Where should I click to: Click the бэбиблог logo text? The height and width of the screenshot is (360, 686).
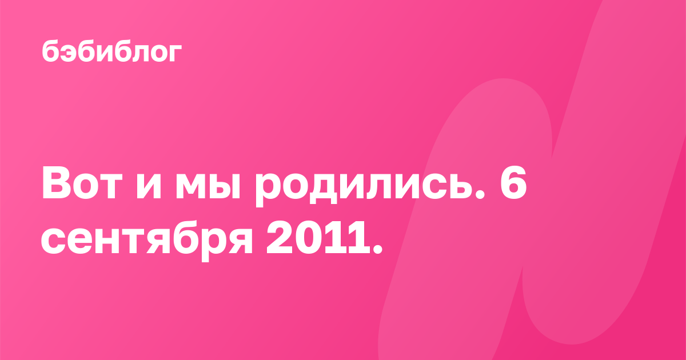point(112,51)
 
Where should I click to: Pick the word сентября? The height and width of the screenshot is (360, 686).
point(147,241)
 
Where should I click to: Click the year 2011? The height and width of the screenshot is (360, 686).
point(318,238)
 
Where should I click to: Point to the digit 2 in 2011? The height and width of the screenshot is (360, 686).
point(280,238)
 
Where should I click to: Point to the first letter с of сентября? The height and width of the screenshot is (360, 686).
point(53,242)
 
